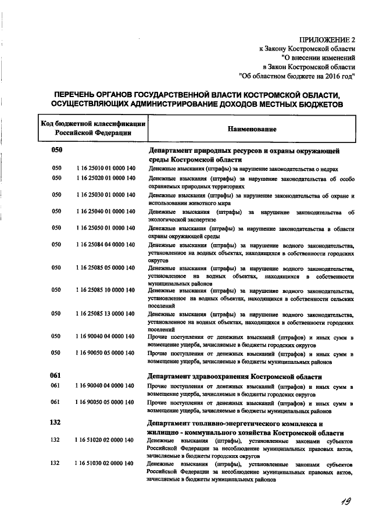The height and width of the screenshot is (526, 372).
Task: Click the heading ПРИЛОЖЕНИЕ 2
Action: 327,40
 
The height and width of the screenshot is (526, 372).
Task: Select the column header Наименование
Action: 252,128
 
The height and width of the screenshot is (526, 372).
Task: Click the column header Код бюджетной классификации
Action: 93,123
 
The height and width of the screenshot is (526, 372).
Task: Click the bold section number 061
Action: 56,375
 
